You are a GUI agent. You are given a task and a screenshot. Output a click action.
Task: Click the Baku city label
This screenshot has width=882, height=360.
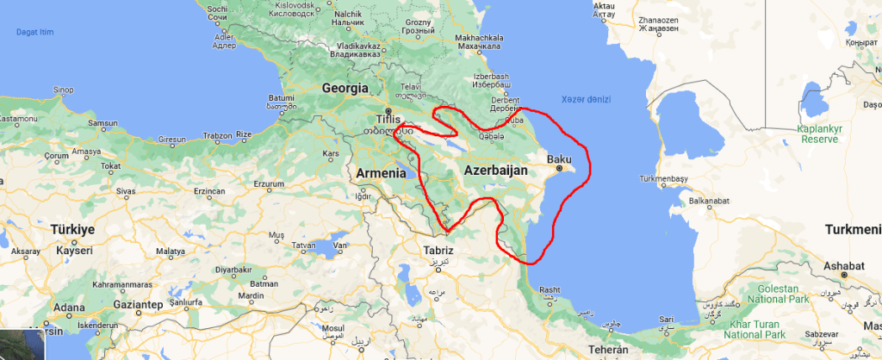click(x=560, y=158)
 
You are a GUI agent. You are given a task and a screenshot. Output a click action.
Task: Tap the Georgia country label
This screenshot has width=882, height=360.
click(x=345, y=88)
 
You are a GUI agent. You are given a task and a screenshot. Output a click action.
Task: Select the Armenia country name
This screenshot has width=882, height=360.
click(x=380, y=173)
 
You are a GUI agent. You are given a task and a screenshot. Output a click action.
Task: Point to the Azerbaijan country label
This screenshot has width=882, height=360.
click(x=495, y=171)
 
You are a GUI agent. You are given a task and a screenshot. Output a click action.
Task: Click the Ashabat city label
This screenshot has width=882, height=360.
click(x=845, y=265)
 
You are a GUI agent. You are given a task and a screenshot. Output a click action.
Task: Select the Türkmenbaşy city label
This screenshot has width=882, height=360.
click(x=663, y=182)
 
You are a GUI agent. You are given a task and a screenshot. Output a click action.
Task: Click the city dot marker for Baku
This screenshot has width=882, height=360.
click(x=559, y=169)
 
